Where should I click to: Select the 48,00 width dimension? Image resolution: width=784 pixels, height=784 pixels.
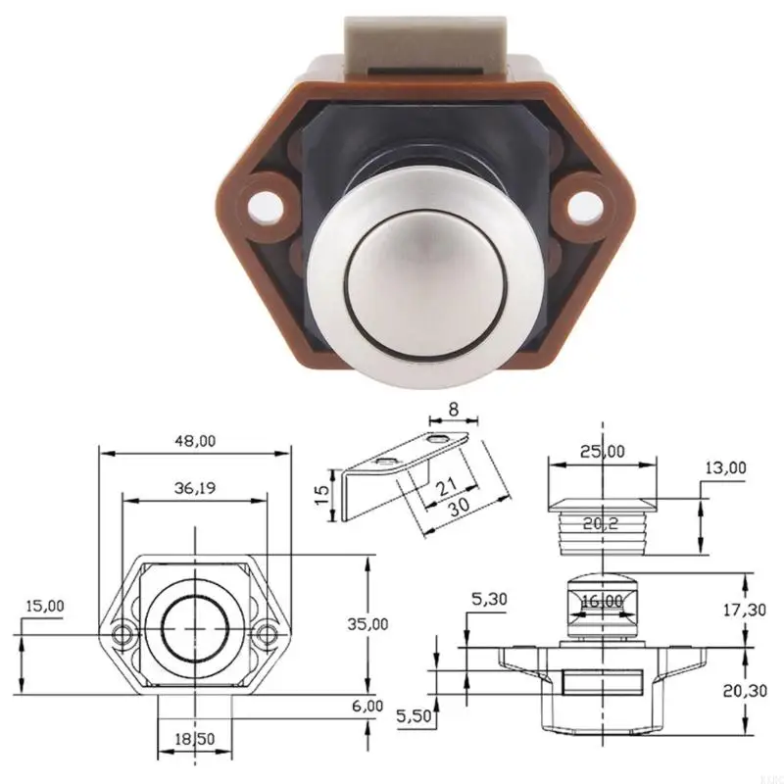tap(194, 440)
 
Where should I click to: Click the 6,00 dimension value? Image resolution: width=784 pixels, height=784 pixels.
tap(367, 706)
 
